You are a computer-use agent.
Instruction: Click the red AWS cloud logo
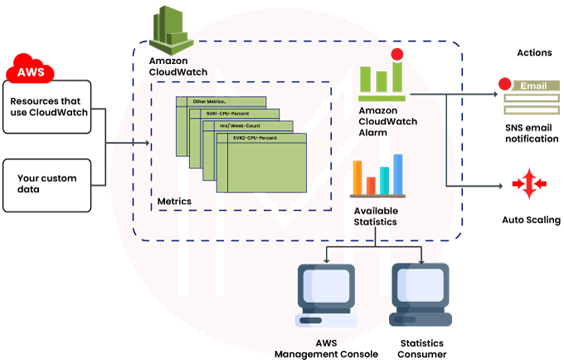(x=30, y=71)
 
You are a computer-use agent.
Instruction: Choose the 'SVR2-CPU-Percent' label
(x=255, y=138)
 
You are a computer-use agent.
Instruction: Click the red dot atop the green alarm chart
(x=397, y=55)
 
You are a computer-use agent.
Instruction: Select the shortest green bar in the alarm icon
(x=381, y=81)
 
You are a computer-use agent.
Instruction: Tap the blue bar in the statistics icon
(x=397, y=173)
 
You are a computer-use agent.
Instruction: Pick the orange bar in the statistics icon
(x=357, y=177)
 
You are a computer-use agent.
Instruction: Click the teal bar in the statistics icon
(x=385, y=179)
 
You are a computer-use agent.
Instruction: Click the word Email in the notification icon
(x=533, y=86)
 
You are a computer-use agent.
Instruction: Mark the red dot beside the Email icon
(x=504, y=85)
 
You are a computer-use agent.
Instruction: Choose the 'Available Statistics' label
(x=375, y=216)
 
